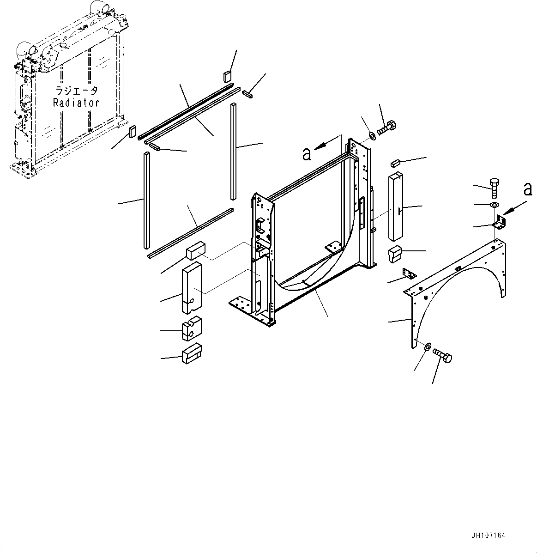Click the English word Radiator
[x=76, y=103]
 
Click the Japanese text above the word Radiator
[x=77, y=91]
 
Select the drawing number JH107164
[x=489, y=536]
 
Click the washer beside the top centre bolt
[x=373, y=136]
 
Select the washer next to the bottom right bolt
[x=427, y=346]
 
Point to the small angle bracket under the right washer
[x=500, y=222]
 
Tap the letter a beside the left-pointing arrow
[x=307, y=153]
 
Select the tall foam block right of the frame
[x=396, y=207]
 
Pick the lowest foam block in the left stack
[x=191, y=355]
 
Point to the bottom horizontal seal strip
[x=190, y=232]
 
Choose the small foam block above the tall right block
[x=394, y=162]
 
